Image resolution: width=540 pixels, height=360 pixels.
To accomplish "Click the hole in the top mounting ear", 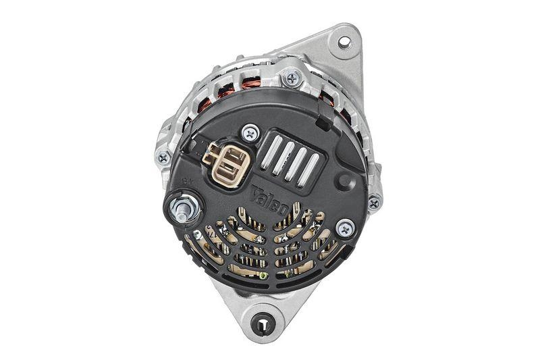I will pos(344,43).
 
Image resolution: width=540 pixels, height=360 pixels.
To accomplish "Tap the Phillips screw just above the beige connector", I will pos(250,133).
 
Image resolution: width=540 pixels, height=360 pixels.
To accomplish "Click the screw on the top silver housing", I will pos(292,78).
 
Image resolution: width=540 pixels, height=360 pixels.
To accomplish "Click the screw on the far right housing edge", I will pos(374,201).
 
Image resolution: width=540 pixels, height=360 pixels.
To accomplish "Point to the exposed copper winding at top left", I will pos(251,84).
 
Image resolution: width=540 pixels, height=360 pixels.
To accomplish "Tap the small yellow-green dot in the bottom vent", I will pos(265,275).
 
